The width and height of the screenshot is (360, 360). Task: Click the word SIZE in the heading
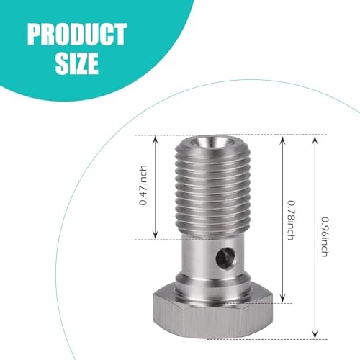coord(75,63)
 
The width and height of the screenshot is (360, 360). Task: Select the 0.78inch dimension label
coord(289,220)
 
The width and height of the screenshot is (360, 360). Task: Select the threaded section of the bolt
coord(215,194)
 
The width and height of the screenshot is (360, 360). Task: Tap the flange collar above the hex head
coord(216,284)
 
